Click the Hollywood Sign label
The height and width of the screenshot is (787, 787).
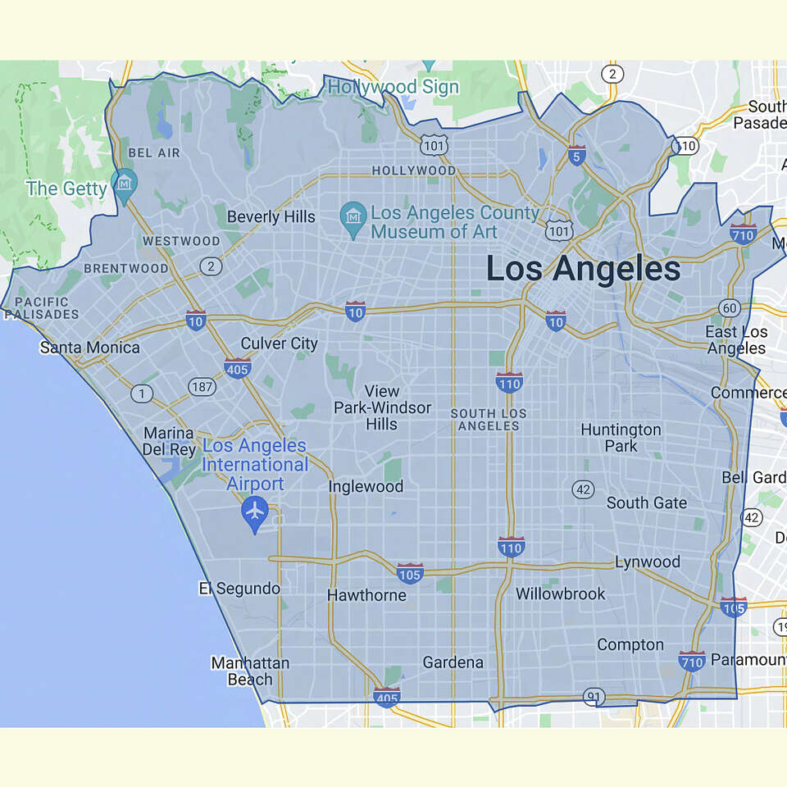(x=393, y=86)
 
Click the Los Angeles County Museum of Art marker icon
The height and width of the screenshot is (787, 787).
(x=353, y=218)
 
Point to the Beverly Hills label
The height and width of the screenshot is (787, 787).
(x=271, y=217)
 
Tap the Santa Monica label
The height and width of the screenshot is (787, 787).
(x=90, y=348)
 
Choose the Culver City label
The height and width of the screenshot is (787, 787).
(x=279, y=343)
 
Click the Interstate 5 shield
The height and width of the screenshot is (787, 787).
(x=577, y=156)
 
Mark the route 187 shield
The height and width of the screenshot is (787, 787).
(x=201, y=386)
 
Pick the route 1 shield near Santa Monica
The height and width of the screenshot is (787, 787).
(x=142, y=394)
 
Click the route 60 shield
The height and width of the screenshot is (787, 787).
(x=730, y=308)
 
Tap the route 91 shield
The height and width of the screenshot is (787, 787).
(x=593, y=697)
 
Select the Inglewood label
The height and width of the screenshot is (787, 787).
(x=366, y=487)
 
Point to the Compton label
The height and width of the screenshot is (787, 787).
(x=630, y=645)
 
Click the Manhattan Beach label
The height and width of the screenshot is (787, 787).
(x=249, y=671)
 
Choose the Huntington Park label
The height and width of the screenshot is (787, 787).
(x=621, y=438)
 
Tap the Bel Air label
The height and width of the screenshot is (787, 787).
(x=154, y=153)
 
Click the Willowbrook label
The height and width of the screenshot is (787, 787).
(x=561, y=594)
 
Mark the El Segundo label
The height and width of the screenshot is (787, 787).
(x=239, y=589)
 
